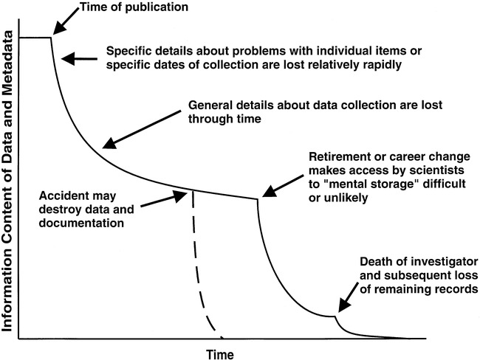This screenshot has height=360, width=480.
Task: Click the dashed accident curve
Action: point(198,266)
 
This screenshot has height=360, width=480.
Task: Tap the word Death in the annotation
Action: point(376,263)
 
